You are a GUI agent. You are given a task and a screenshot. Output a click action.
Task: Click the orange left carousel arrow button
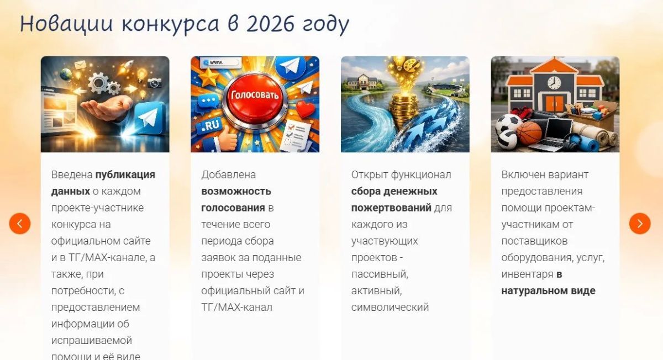tap(19, 224)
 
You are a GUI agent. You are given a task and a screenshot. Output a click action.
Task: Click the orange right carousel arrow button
tap(640, 224)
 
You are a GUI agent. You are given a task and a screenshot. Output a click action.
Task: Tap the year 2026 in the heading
tap(271, 24)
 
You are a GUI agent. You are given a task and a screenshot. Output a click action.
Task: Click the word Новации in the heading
tap(66, 24)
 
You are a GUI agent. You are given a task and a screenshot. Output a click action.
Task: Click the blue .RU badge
tap(211, 125)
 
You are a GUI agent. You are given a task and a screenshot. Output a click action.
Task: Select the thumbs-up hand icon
tap(227, 137)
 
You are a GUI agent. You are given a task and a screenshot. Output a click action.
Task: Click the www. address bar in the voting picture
tap(220, 62)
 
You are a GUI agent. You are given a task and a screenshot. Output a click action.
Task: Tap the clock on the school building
tap(554, 82)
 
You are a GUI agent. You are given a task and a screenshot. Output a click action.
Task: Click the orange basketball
tap(529, 133)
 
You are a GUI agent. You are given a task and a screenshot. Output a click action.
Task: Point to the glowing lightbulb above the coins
tap(399, 63)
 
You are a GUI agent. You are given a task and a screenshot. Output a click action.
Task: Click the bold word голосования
tap(233, 208)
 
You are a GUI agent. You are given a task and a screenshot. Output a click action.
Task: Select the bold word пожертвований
tap(391, 208)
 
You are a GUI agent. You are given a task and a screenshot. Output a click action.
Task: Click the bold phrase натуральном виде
tap(548, 291)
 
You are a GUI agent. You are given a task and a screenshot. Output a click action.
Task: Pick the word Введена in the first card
tap(72, 175)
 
